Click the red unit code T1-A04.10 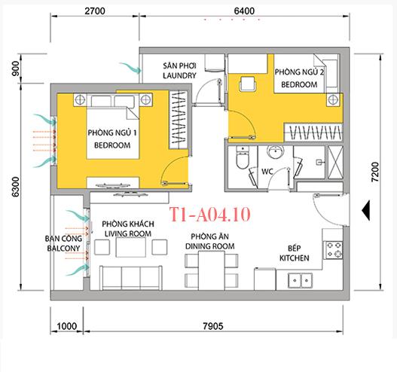(x=210, y=215)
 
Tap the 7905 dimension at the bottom (x=213, y=326)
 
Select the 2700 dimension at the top (x=95, y=11)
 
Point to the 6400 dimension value (x=244, y=11)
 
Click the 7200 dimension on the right (x=374, y=172)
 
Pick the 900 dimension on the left (x=16, y=69)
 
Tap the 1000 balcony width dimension (x=66, y=326)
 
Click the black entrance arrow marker (x=366, y=210)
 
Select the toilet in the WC (x=243, y=158)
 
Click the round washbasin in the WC (x=275, y=151)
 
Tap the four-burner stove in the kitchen (x=334, y=250)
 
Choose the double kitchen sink (x=300, y=280)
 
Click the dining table (x=212, y=270)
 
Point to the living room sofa (x=131, y=278)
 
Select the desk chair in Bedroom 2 (x=247, y=84)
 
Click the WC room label (x=267, y=172)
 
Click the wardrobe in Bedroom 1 (x=179, y=120)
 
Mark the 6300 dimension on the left (x=16, y=187)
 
